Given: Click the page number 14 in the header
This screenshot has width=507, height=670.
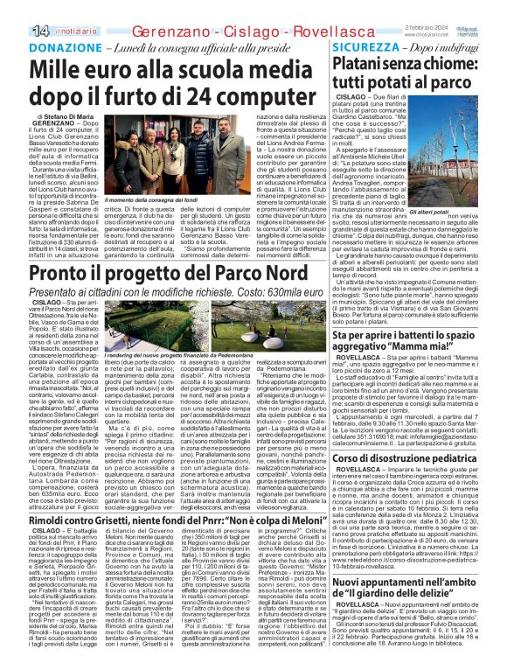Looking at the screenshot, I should (16, 9).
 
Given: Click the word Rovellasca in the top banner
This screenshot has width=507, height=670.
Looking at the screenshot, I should (289, 9).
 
